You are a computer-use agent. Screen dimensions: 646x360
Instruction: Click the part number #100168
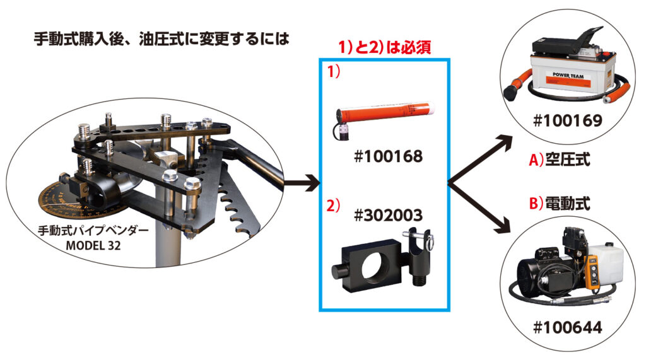coord(388,156)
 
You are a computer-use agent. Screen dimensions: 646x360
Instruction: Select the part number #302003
coord(388,216)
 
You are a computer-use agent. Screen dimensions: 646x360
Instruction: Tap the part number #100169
coord(568,120)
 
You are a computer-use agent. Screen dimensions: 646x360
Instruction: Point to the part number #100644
coord(568,328)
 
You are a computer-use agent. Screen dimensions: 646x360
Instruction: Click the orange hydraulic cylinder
coord(383,116)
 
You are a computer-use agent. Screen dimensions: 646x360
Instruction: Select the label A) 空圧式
coord(560,160)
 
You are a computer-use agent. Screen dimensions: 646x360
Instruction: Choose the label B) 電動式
coord(560,204)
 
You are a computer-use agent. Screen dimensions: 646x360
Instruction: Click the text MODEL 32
coord(93,245)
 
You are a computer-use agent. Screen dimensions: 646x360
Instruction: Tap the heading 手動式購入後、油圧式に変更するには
coord(161,39)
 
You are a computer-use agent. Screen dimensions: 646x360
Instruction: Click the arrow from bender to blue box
coord(302,182)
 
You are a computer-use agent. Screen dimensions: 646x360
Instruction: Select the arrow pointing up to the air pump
coord(480,159)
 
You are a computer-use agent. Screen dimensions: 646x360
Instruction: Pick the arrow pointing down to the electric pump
coord(480,208)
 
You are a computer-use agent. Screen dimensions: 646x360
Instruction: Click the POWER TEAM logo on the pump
coord(568,76)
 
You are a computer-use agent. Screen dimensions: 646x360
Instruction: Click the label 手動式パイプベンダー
coord(93,231)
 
